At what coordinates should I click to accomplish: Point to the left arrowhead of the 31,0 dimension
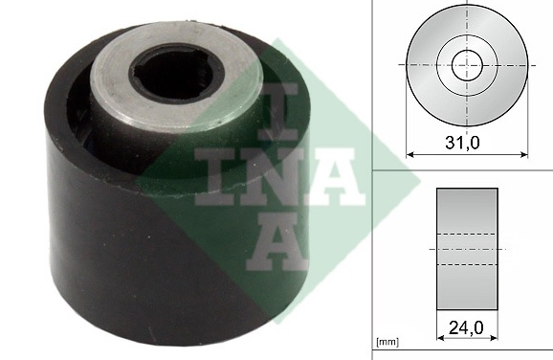coord(411,152)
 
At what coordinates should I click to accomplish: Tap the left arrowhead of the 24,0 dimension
coord(439,338)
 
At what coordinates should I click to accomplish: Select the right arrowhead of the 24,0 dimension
coord(496,338)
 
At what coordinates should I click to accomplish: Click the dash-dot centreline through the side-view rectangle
coord(467,249)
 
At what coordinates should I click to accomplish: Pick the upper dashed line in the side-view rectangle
coord(467,235)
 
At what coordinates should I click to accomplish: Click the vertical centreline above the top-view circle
coord(467,7)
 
